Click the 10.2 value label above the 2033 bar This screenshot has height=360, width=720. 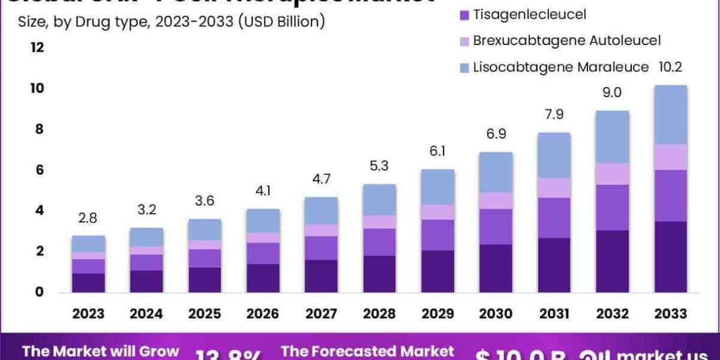pos(670,67)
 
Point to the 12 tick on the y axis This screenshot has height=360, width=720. pos(37,47)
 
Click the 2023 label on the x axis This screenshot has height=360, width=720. pos(88,313)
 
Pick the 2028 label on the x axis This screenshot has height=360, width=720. pos(379,313)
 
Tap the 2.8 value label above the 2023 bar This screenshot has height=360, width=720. pos(88,218)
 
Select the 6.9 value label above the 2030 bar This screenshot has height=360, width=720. pos(496,134)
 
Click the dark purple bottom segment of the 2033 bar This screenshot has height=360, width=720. pos(670,257)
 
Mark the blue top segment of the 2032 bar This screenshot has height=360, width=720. pos(613,137)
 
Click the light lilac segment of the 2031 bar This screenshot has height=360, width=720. pos(554,188)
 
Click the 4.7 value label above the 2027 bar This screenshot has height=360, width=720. pos(321,179)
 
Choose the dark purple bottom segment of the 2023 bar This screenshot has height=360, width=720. pos(88,283)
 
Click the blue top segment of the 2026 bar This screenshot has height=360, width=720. pos(263,221)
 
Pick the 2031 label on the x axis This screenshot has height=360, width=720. pos(554,313)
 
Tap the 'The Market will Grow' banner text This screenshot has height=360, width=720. pos(100,351)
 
